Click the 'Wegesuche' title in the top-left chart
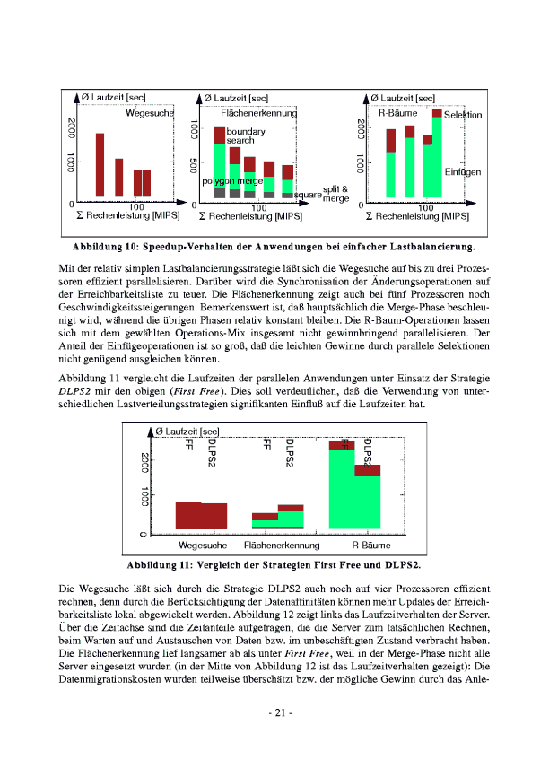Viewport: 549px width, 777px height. (x=150, y=113)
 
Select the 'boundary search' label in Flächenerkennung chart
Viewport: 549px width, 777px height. (x=240, y=136)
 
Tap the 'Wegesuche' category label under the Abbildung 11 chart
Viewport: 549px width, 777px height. (x=203, y=546)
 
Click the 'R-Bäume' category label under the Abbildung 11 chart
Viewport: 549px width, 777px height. (x=370, y=546)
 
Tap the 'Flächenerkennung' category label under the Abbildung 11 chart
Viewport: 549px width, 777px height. (x=282, y=546)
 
